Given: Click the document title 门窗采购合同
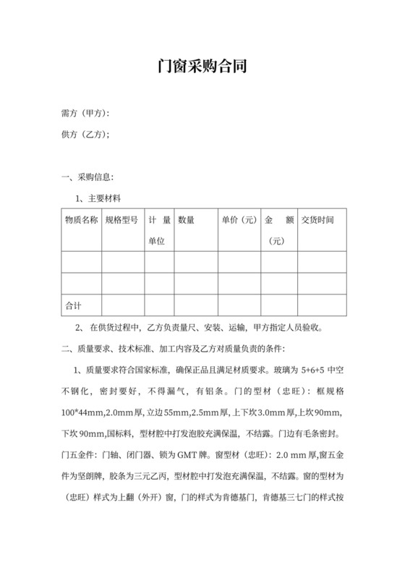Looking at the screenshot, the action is click(202, 67).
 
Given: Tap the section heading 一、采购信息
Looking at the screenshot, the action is click(87, 177).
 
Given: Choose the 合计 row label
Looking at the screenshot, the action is click(74, 305).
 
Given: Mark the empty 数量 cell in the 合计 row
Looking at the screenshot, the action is click(195, 305).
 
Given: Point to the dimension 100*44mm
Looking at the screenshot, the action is click(85, 413).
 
